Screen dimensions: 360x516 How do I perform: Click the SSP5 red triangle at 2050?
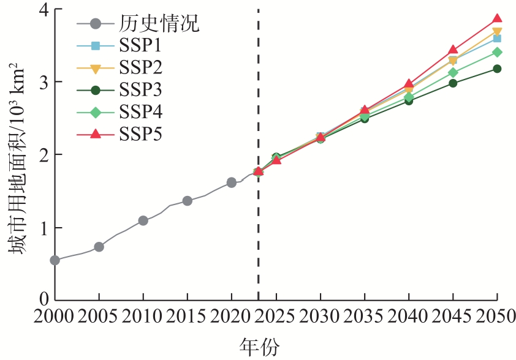pos(497,19)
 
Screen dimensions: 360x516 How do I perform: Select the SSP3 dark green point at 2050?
pos(497,69)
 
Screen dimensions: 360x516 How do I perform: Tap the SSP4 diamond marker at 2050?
pos(497,52)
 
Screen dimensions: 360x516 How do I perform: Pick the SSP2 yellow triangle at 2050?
pos(497,32)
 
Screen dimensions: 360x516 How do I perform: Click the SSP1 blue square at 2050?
pos(497,38)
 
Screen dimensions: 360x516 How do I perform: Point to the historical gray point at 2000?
pos(55,260)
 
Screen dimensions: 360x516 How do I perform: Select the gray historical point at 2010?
pos(143,220)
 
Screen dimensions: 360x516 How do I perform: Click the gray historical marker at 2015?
pos(188,201)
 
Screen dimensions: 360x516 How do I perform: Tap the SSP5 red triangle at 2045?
pos(453,50)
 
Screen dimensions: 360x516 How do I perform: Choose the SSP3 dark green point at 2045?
pos(453,83)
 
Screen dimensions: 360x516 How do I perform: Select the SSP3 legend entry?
pos(142,90)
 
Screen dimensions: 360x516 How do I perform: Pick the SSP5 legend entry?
pos(142,133)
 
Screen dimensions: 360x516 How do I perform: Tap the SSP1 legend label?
pos(142,47)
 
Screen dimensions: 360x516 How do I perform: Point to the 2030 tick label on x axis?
pos(320,317)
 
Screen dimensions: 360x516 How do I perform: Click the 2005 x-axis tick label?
pos(99,317)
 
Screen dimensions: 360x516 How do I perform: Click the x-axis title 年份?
pos(258,347)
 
